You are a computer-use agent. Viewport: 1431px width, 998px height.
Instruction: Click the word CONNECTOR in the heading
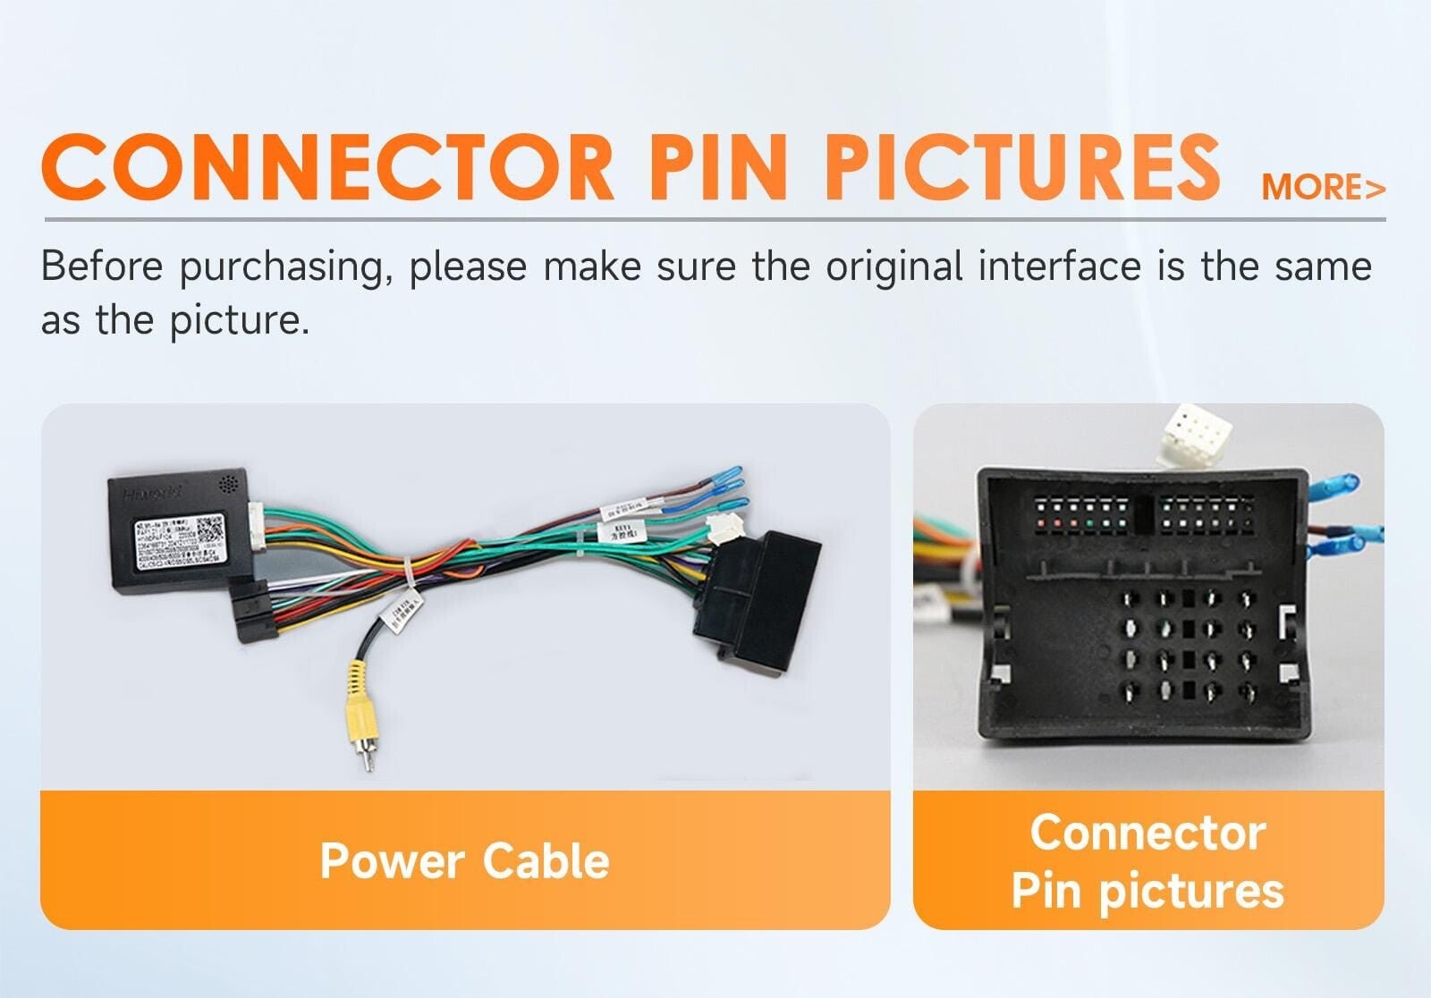327,167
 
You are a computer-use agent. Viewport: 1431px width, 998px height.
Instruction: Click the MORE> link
1323,188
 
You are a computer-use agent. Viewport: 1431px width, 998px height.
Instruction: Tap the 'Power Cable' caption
464,860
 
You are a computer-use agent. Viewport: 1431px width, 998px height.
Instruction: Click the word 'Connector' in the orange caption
1147,833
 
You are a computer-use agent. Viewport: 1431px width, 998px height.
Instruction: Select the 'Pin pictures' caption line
1147,891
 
